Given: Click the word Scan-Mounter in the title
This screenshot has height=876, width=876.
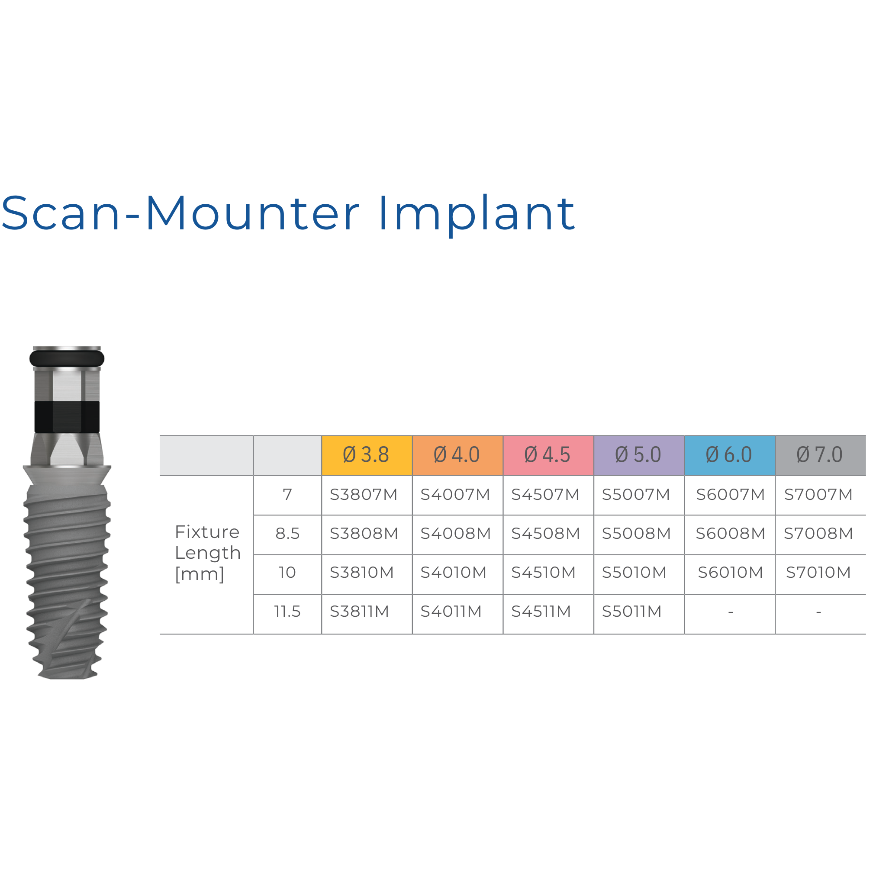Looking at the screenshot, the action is click(180, 213).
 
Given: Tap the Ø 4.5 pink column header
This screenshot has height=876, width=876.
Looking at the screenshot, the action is click(548, 455).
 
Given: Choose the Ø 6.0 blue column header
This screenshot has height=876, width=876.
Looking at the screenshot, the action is click(730, 455).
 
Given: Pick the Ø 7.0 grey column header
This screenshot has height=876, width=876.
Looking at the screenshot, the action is click(820, 455).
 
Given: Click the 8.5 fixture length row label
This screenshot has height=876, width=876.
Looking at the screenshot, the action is click(287, 534).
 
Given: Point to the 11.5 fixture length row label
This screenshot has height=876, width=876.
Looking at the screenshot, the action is click(287, 612).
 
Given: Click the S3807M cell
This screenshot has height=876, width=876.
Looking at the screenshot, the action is click(364, 495).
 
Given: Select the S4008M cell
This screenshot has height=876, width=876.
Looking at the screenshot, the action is click(456, 534).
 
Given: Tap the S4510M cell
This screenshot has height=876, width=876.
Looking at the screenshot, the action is click(544, 573).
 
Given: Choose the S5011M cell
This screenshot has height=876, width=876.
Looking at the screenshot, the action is click(632, 612).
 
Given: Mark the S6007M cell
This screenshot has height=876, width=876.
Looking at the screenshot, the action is click(731, 495).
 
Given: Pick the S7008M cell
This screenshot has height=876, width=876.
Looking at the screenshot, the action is click(819, 534).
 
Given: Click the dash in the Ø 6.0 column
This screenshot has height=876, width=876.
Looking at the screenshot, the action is click(731, 612).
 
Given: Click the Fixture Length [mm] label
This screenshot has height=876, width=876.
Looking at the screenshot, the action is click(208, 553).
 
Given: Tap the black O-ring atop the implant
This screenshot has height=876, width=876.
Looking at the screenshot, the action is click(67, 359).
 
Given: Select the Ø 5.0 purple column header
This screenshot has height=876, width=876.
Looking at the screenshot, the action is click(639, 455).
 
